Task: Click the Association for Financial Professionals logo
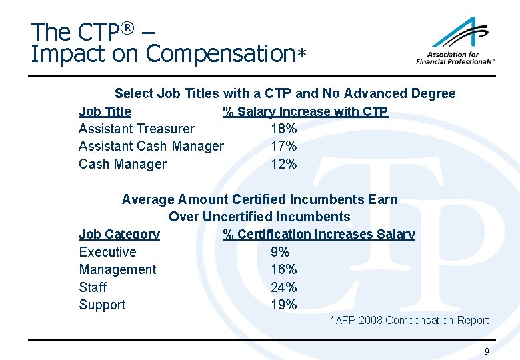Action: click(x=455, y=41)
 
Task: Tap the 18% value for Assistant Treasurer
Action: click(x=283, y=129)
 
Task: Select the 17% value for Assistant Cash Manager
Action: click(x=283, y=146)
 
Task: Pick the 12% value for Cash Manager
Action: click(x=283, y=164)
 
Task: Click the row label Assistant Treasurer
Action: click(x=137, y=129)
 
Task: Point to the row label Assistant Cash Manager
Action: click(x=151, y=146)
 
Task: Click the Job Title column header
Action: click(x=105, y=111)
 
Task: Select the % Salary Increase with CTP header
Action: click(x=305, y=111)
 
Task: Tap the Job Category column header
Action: click(x=119, y=234)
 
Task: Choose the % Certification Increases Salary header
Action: click(x=319, y=234)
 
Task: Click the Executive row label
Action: click(x=107, y=252)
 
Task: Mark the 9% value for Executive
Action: click(x=280, y=252)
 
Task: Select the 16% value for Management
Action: click(x=283, y=269)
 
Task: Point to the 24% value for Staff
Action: click(x=283, y=287)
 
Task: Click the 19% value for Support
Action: click(x=283, y=305)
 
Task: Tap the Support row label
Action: click(x=102, y=305)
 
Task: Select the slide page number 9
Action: click(x=487, y=351)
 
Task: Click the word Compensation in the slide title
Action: click(x=219, y=54)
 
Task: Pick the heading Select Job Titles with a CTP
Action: click(x=285, y=93)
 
